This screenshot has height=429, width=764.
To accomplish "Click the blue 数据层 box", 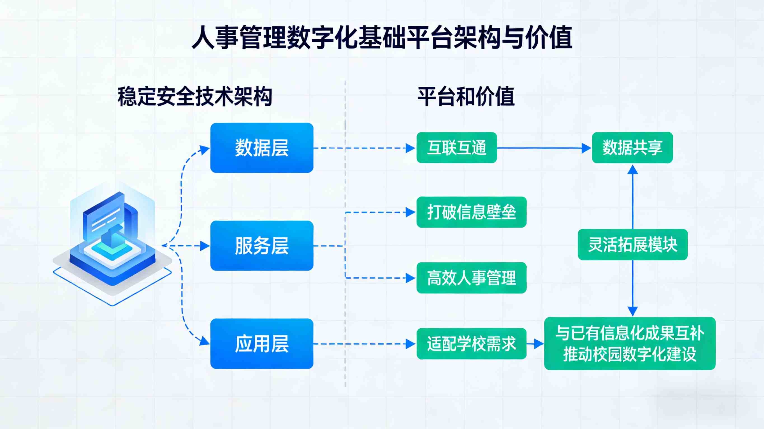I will [262, 148].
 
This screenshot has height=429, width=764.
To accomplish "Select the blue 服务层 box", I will [262, 246].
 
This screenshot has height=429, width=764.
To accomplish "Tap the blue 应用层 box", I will [262, 344].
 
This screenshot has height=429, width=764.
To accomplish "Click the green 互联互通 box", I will [456, 148].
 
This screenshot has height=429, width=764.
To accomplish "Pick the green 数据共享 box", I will [632, 148].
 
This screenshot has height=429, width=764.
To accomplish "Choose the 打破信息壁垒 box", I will [471, 212].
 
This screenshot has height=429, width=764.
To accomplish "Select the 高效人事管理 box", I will [471, 278].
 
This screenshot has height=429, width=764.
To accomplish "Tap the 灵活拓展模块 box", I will [632, 245].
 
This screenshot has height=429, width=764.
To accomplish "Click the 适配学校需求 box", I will [471, 344].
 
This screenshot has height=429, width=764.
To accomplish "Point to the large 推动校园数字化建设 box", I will [630, 344].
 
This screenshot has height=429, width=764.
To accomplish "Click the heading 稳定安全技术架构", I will [194, 97].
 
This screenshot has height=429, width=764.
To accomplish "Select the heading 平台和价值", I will [466, 97].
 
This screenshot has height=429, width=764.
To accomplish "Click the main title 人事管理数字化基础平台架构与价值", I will [382, 37].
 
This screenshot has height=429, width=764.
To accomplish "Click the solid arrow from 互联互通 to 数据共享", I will [540, 148].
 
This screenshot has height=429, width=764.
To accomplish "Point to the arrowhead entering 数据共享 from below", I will [633, 169].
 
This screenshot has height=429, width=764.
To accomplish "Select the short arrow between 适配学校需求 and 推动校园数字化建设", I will [535, 344].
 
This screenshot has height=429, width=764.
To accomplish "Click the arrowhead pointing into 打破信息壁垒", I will [411, 212].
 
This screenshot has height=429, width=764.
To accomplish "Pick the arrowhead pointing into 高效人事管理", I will [411, 278].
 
